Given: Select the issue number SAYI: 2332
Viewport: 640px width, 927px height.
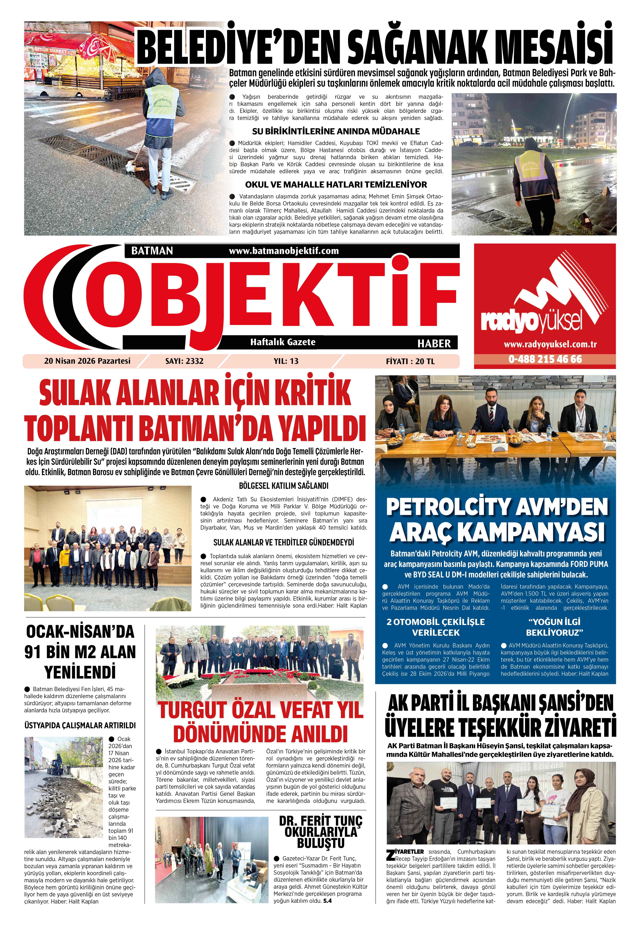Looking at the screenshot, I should click(184, 361).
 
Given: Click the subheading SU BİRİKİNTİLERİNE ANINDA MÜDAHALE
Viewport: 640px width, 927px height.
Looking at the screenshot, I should click(336, 132).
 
